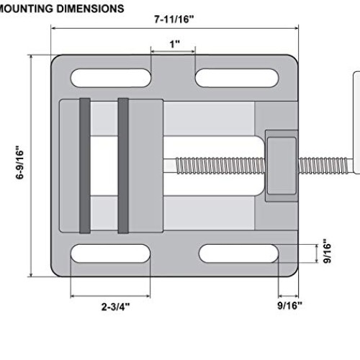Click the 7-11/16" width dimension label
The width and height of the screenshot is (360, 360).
(x=174, y=19)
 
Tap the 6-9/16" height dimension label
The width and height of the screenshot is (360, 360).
(x=20, y=162)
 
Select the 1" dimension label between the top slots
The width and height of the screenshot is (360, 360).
(x=174, y=44)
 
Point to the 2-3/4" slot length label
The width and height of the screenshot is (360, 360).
(x=115, y=307)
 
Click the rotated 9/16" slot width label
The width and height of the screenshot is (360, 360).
(x=327, y=251)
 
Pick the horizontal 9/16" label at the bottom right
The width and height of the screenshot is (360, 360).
(x=289, y=305)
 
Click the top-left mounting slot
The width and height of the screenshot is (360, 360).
(x=111, y=78)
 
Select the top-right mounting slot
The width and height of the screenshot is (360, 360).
(x=237, y=78)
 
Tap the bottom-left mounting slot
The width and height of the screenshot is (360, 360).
(x=110, y=253)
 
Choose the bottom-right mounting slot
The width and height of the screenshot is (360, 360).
(x=238, y=253)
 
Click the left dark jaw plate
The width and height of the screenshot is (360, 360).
(x=85, y=166)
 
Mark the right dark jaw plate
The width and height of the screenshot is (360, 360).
(x=123, y=166)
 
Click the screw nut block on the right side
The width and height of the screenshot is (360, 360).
(x=282, y=166)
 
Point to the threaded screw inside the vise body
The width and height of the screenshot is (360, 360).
(x=220, y=166)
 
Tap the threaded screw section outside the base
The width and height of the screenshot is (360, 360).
(x=323, y=166)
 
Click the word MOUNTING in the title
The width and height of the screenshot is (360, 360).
(x=26, y=9)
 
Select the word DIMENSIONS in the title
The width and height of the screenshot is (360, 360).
(x=91, y=9)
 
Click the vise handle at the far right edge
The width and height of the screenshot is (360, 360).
(x=356, y=122)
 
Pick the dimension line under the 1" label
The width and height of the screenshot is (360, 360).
(x=173, y=51)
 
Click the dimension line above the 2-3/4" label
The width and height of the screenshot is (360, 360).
(x=110, y=296)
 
